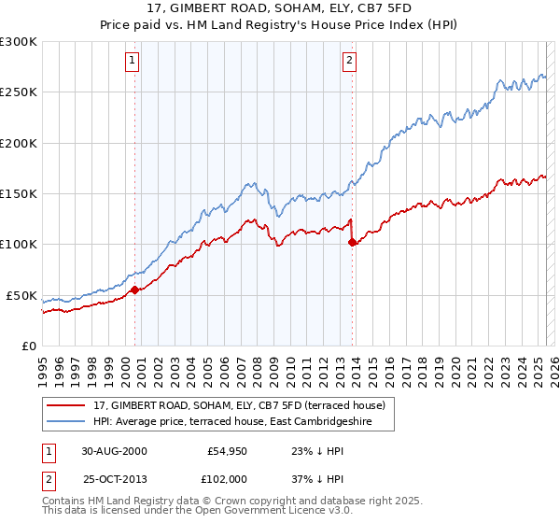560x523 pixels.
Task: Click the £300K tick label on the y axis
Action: point(19,42)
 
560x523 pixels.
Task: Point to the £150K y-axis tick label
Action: point(19,194)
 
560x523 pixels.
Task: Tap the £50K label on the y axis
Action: point(21,295)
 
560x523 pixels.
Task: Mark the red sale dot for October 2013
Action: point(352,242)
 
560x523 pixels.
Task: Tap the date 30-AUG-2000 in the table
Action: point(114,450)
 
